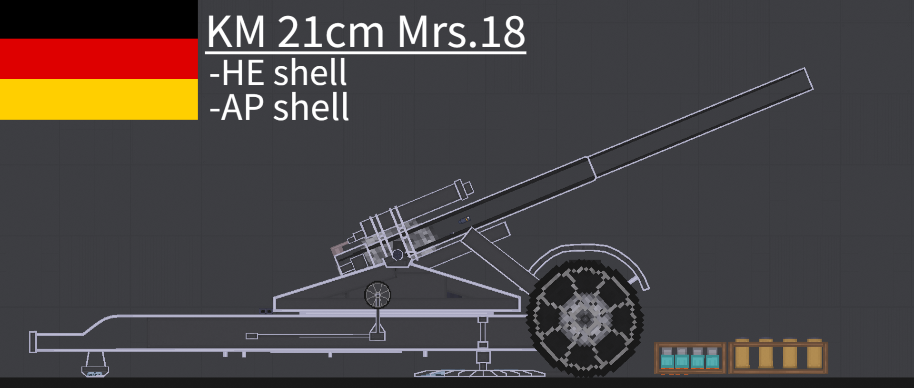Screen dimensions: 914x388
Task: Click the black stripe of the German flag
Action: [x=99, y=19]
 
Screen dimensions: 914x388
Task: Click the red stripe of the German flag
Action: [x=99, y=59]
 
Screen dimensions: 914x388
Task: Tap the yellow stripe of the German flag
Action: [x=99, y=99]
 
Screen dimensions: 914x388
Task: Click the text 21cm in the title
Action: [x=330, y=32]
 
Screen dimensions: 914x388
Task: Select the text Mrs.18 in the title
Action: [x=461, y=32]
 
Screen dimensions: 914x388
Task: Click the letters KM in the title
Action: [x=236, y=32]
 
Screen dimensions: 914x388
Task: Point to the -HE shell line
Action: [x=278, y=72]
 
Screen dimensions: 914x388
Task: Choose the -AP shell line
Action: [x=279, y=107]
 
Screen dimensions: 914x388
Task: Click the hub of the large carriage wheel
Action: [x=585, y=318]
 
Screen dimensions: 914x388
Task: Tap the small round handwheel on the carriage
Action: [x=378, y=295]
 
